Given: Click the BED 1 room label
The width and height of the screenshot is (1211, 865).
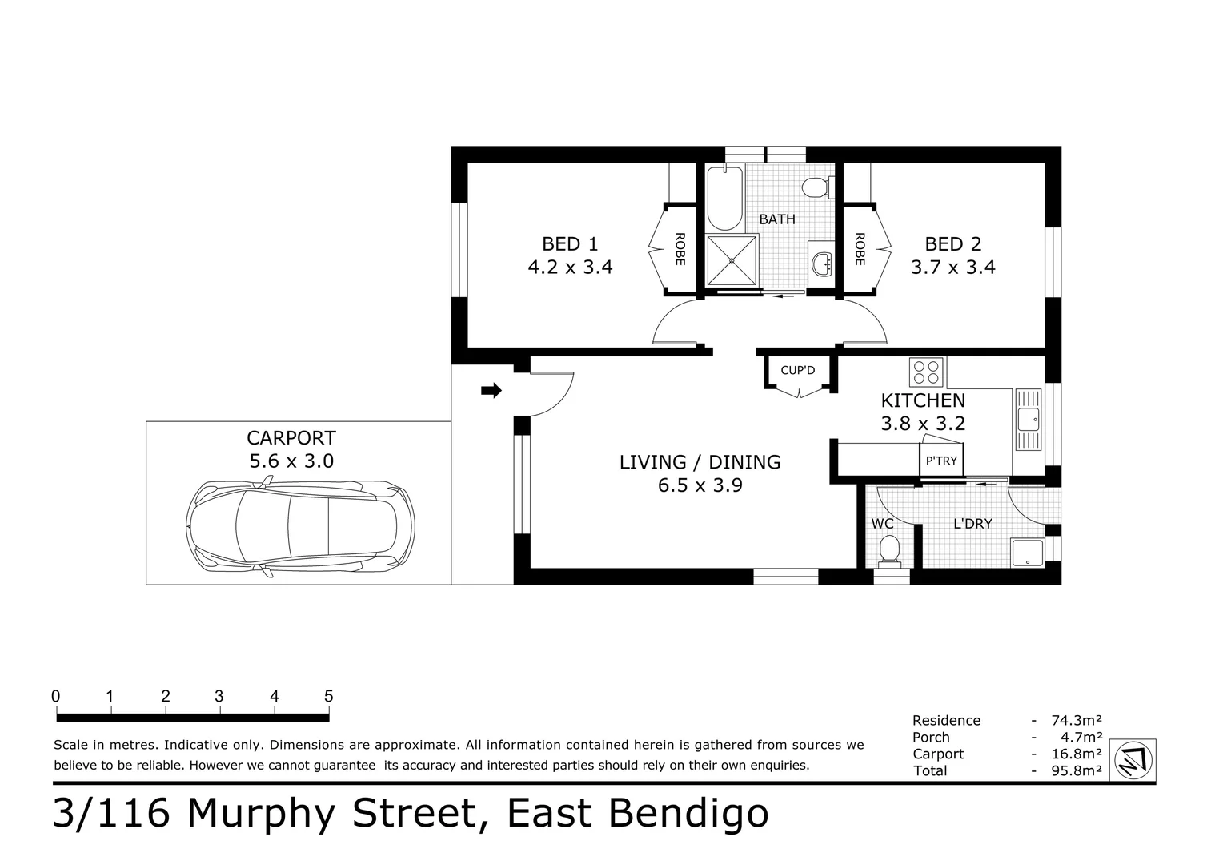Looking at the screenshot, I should (569, 244).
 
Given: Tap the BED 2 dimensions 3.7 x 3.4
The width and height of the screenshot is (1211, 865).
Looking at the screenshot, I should (952, 268).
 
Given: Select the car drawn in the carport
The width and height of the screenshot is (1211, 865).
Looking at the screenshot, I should (300, 525).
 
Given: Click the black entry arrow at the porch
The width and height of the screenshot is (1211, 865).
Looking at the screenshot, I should (491, 391).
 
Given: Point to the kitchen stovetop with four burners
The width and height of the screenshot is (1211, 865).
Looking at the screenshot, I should (927, 372).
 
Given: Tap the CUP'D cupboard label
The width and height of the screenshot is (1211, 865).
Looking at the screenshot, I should (797, 370).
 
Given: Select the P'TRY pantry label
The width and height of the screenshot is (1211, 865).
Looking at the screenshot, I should (940, 461).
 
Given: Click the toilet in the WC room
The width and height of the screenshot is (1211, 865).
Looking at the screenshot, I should (888, 550).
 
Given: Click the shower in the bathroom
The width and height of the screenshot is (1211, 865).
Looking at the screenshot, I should (732, 259).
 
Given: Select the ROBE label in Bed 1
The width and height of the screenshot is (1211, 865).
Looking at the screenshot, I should (680, 248).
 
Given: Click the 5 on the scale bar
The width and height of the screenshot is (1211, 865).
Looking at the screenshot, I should (328, 696).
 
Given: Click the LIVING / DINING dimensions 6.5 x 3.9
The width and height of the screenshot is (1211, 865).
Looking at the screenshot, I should (700, 485).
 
